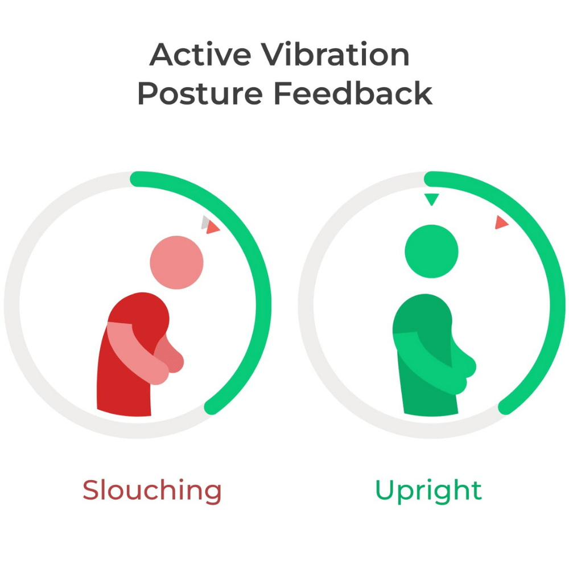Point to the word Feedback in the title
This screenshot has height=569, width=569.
[x=353, y=93]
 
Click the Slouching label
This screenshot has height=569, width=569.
[x=152, y=490]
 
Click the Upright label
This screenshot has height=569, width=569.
[x=428, y=490]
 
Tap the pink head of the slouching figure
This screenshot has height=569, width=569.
[x=176, y=262]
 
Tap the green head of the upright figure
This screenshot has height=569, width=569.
[x=431, y=251]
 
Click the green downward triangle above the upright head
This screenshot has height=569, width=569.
[x=431, y=199]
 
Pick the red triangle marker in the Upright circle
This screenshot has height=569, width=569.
[x=501, y=222]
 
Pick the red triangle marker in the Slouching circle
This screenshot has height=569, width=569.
[x=213, y=228]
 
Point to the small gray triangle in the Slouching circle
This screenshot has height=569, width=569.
[x=204, y=223]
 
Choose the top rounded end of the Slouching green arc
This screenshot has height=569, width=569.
[x=137, y=178]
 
